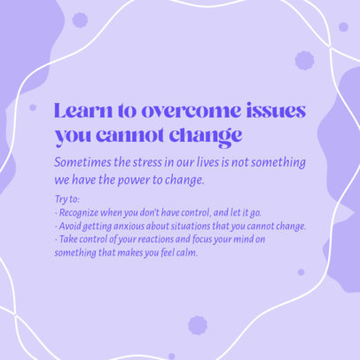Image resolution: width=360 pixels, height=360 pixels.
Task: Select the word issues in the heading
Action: click(x=274, y=113)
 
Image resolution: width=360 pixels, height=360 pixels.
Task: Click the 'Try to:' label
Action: click(x=67, y=201)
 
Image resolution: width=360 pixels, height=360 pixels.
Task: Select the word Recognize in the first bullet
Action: click(x=80, y=214)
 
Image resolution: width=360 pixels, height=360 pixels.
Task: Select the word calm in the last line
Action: click(x=186, y=252)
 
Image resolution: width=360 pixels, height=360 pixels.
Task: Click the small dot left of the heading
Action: click(x=33, y=107)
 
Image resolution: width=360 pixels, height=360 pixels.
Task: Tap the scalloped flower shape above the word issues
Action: click(x=304, y=60)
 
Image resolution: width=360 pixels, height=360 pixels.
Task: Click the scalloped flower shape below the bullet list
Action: click(x=198, y=325)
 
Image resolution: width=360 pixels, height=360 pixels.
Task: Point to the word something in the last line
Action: click(x=75, y=252)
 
